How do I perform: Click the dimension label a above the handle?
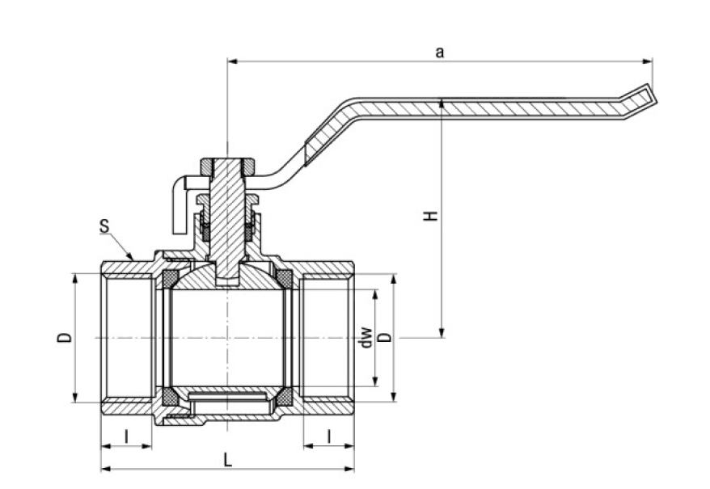(x=440, y=53)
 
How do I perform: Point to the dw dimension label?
(x=366, y=337)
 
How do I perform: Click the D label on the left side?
(x=65, y=337)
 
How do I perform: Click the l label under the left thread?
(x=127, y=436)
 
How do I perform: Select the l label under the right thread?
(x=328, y=436)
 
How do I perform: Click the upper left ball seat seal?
(x=171, y=280)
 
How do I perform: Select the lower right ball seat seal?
(x=285, y=397)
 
